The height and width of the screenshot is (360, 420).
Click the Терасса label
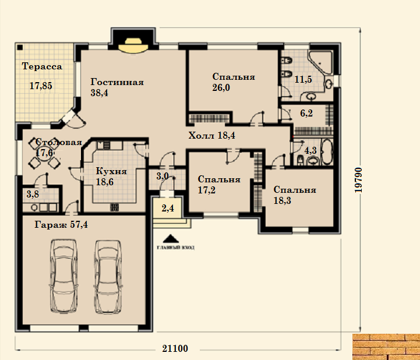pyautogui.click(x=42, y=66)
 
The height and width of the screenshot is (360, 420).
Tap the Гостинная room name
pyautogui.click(x=117, y=82)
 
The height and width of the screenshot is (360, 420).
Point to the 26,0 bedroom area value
pyautogui.click(x=221, y=88)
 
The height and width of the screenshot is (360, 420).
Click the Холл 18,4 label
pyautogui.click(x=211, y=136)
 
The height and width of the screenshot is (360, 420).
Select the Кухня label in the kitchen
pyautogui.click(x=111, y=171)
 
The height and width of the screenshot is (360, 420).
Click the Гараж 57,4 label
pyautogui.click(x=61, y=225)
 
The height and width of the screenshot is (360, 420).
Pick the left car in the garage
pyautogui.click(x=63, y=276)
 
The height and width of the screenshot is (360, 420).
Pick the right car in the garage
pyautogui.click(x=108, y=276)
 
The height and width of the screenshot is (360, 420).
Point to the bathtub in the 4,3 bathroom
pyautogui.click(x=327, y=151)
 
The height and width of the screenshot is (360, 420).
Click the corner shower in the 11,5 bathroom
pyautogui.click(x=320, y=62)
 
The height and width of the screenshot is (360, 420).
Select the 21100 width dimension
pyautogui.click(x=175, y=348)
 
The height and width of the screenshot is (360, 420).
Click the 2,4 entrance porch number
pyautogui.click(x=168, y=208)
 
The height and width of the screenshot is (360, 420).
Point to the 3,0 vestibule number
pyautogui.click(x=163, y=177)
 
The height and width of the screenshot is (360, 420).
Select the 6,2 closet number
pyautogui.click(x=306, y=114)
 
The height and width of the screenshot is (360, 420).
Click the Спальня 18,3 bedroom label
pyautogui.click(x=295, y=195)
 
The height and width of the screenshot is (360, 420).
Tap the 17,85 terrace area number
pyautogui.click(x=41, y=86)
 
